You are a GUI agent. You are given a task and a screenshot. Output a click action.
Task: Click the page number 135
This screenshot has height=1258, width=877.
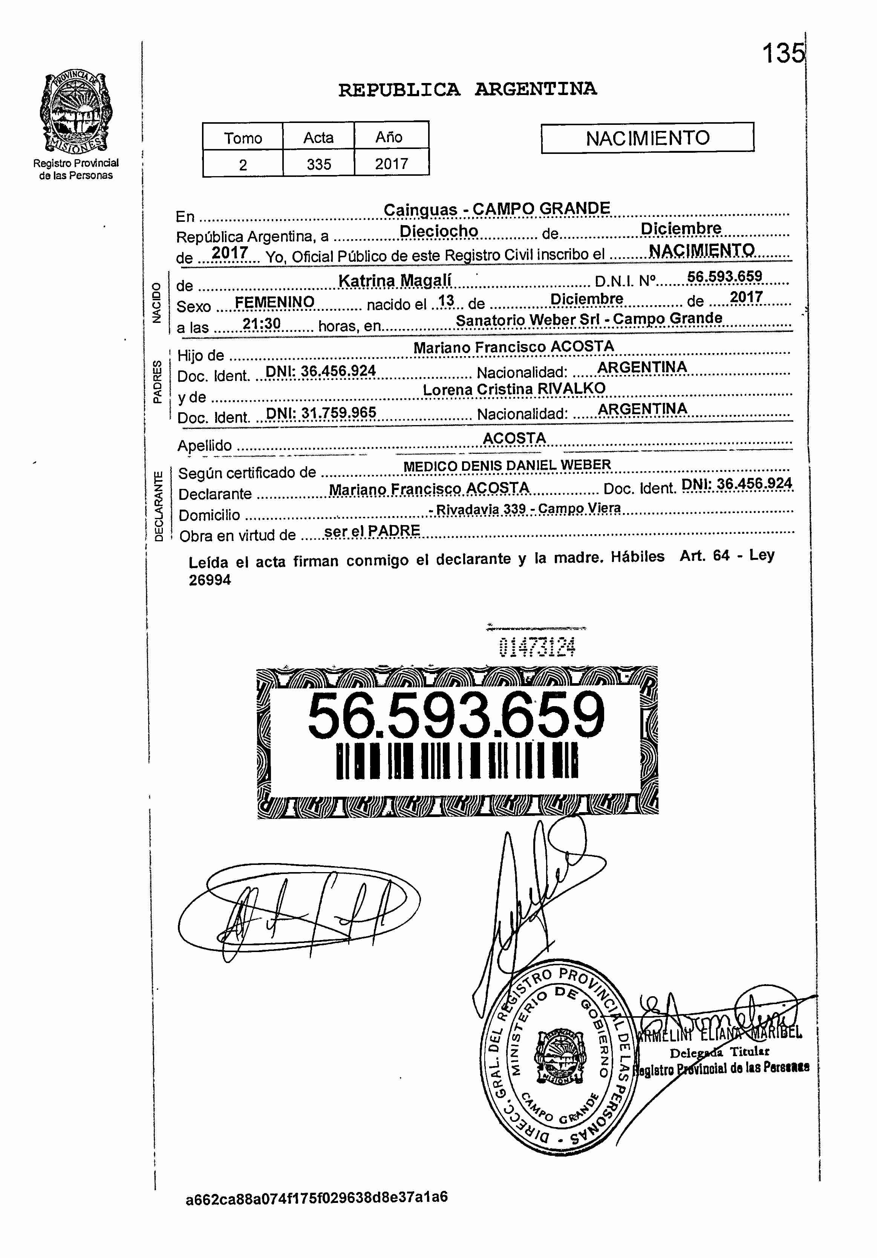pyautogui.click(x=784, y=53)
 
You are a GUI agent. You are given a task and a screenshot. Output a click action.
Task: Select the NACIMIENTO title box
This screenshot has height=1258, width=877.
pyautogui.click(x=647, y=138)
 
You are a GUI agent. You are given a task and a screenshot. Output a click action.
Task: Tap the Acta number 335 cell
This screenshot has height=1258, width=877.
pyautogui.click(x=318, y=164)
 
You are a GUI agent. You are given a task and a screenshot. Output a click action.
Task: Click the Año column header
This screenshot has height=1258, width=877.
pyautogui.click(x=389, y=137)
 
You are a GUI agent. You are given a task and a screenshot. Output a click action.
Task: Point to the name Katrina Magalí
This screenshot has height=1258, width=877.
pyautogui.click(x=395, y=281)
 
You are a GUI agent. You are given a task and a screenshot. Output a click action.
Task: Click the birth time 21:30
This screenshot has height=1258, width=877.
pyautogui.click(x=262, y=324)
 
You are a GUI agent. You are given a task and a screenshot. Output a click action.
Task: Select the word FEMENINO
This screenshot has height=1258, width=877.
pyautogui.click(x=274, y=302)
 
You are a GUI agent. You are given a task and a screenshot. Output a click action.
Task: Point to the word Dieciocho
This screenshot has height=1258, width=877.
pyautogui.click(x=439, y=231)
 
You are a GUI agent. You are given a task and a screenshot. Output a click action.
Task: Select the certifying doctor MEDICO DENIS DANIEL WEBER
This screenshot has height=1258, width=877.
pyautogui.click(x=507, y=466)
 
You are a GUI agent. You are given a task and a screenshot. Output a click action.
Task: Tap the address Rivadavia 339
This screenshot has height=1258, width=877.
pyautogui.click(x=481, y=509)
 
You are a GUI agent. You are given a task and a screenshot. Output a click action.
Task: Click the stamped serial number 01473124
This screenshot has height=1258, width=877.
pyautogui.click(x=537, y=648)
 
